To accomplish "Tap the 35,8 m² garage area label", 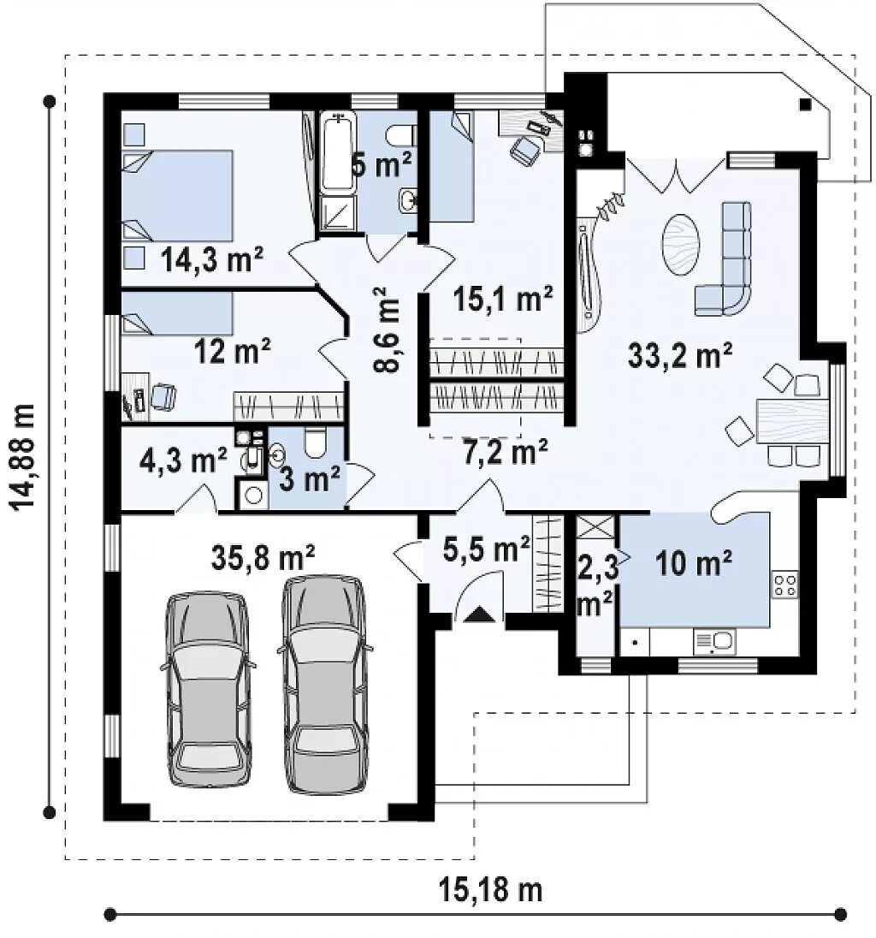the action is [x=263, y=557].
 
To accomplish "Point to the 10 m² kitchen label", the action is [x=694, y=562].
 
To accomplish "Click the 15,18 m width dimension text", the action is [x=490, y=889].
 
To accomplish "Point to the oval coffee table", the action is [x=680, y=244].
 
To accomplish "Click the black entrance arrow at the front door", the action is [x=480, y=614].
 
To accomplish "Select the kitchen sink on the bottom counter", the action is [x=714, y=641].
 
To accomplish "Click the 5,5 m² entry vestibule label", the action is [x=486, y=549].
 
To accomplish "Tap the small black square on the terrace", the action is [x=806, y=104].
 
